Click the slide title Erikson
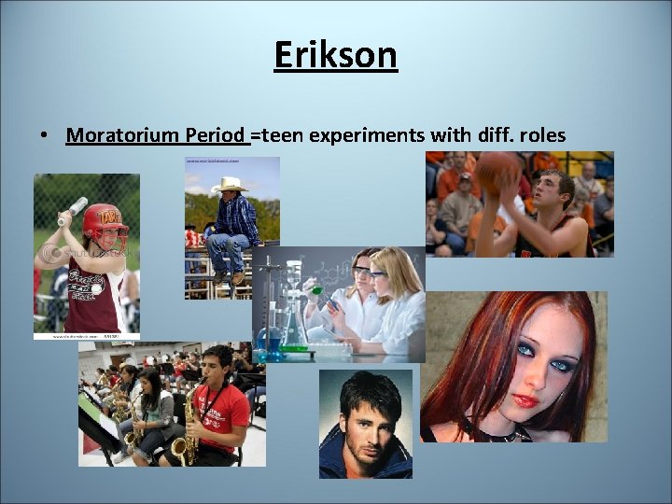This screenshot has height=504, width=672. [x=335, y=55]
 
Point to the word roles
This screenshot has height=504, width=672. [x=542, y=135]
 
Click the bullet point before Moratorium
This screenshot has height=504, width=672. [x=45, y=136]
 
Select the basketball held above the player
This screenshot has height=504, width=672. [x=498, y=172]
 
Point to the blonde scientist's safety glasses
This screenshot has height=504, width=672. [x=378, y=273]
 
